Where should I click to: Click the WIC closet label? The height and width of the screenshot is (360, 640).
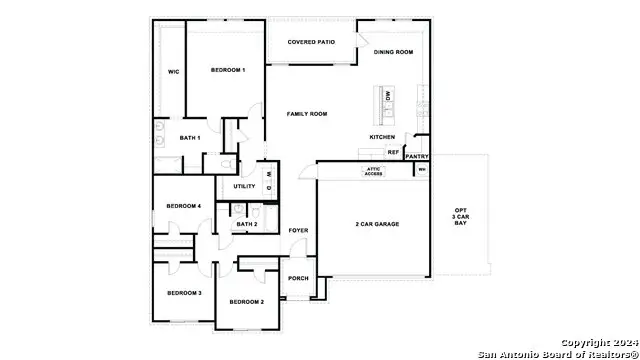[x=173, y=72]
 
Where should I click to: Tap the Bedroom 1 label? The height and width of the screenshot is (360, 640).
[x=228, y=70]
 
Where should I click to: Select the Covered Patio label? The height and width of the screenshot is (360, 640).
[x=310, y=42]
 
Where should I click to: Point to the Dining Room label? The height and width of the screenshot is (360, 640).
[x=393, y=51]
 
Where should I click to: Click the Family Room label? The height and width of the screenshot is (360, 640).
[x=307, y=114]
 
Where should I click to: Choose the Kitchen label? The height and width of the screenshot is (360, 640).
[x=382, y=137]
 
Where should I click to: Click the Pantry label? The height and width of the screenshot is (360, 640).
[x=418, y=156]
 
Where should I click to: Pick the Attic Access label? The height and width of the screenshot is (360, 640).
[x=372, y=171]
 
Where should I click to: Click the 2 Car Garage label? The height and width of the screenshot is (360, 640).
[x=377, y=224]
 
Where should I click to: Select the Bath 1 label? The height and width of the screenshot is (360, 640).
[x=190, y=138]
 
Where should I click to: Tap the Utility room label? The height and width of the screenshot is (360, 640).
[x=244, y=186]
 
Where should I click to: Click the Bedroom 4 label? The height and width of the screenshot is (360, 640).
[x=184, y=206]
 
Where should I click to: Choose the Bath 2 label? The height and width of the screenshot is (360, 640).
[x=247, y=224]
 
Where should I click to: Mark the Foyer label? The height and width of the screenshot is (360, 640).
[x=298, y=231]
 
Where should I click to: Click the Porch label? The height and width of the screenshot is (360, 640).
[x=298, y=278]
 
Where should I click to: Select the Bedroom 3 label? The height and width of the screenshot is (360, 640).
[x=184, y=292]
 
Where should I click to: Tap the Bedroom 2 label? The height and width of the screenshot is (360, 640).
[x=246, y=301]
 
